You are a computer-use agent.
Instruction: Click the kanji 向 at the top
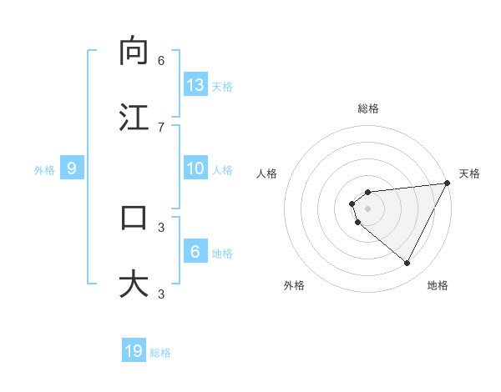(x=134, y=51)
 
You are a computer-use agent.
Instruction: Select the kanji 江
(x=134, y=117)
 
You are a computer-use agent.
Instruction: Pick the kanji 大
(x=134, y=284)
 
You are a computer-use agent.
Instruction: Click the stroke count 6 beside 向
(x=161, y=60)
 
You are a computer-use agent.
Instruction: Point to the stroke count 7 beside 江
(x=161, y=126)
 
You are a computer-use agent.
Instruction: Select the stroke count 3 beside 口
(x=161, y=226)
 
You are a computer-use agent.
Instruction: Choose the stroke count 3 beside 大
(x=161, y=293)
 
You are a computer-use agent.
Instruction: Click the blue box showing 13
(x=195, y=85)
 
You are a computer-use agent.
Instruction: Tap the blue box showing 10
(x=195, y=168)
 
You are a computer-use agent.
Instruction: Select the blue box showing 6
(x=195, y=252)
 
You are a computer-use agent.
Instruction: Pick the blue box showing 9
(x=72, y=168)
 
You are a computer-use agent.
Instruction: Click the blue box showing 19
(x=134, y=351)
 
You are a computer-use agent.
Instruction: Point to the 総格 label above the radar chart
(x=368, y=108)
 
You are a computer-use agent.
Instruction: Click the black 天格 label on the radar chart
(x=469, y=173)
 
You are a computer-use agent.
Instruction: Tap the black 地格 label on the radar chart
(x=438, y=285)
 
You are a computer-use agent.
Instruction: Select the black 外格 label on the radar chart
(x=294, y=285)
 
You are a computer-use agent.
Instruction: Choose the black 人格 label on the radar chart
(x=266, y=173)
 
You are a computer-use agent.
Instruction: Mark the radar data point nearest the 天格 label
(x=448, y=183)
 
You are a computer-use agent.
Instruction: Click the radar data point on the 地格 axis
(x=407, y=263)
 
